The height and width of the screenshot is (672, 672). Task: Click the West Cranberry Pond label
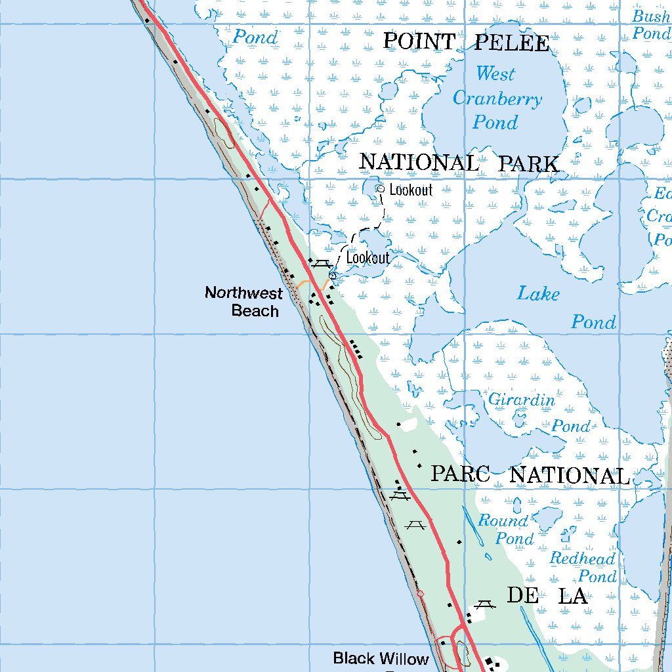pyautogui.click(x=497, y=98)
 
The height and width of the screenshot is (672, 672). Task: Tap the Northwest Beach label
pyautogui.click(x=243, y=301)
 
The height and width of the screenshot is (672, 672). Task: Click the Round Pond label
pyautogui.click(x=505, y=530)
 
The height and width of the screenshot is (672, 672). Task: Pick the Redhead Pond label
pyautogui.click(x=583, y=568)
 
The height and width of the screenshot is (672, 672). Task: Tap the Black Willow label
pyautogui.click(x=381, y=658)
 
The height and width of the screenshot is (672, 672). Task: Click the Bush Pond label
pyautogui.click(x=651, y=24)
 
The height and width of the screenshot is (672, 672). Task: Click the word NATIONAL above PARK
pyautogui.click(x=419, y=163)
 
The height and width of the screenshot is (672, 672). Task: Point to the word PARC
pyautogui.click(x=460, y=474)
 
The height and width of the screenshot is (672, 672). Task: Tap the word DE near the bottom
pyautogui.click(x=523, y=596)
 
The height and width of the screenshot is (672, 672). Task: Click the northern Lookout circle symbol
pyautogui.click(x=380, y=189)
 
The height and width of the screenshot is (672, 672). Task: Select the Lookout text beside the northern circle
pyautogui.click(x=411, y=190)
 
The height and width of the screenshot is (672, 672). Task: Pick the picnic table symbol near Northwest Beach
pyautogui.click(x=320, y=264)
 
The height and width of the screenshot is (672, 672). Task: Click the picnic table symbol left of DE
pyautogui.click(x=485, y=604)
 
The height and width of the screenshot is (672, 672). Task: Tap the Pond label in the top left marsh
pyautogui.click(x=255, y=37)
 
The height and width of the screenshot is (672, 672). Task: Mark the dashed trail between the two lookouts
pyautogui.click(x=381, y=215)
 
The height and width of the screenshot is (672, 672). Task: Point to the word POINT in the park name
pyautogui.click(x=419, y=41)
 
